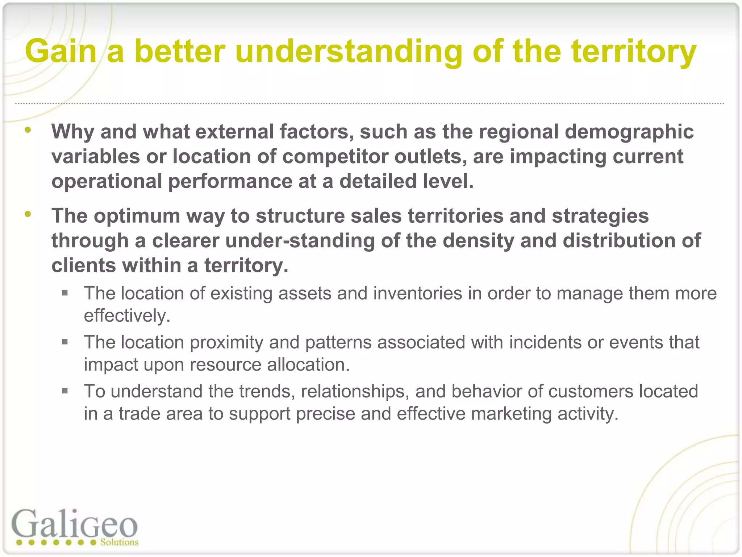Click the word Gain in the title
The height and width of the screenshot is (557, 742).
[61, 51]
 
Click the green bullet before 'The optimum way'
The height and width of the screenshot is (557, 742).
[28, 214]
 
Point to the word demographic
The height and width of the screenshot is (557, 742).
[629, 132]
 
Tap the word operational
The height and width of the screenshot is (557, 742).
[107, 181]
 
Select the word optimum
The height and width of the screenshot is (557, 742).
[137, 216]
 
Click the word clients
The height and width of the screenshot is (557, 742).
[83, 265]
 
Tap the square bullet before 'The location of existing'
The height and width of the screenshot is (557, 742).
[65, 293]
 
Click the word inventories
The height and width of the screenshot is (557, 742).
[417, 293]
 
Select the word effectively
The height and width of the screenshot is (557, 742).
[127, 316]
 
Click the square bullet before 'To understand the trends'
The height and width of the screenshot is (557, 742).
[65, 391]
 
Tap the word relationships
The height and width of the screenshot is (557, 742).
[355, 392]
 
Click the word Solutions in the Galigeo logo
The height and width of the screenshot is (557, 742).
[119, 542]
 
